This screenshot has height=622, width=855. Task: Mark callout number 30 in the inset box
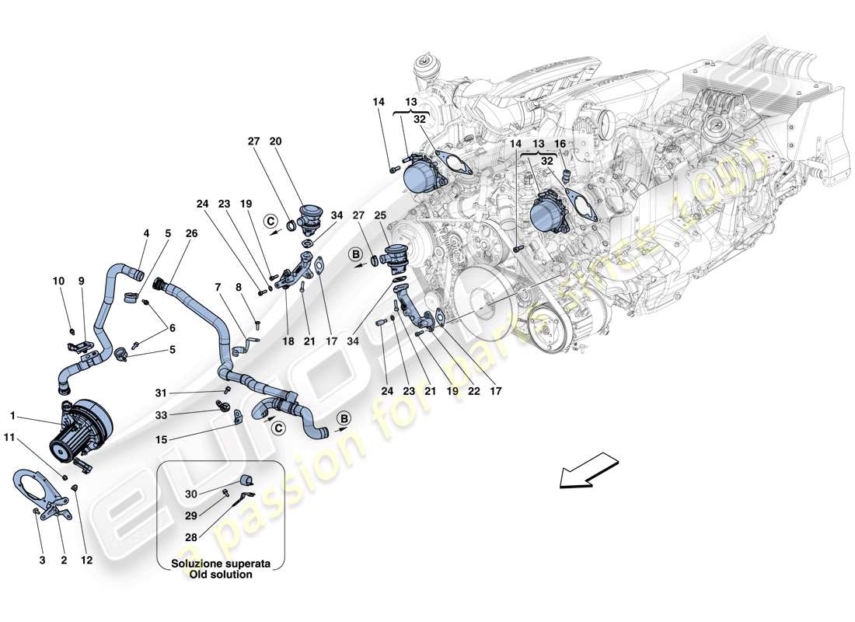(191, 494)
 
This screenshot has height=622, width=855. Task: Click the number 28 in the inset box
(191, 536)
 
